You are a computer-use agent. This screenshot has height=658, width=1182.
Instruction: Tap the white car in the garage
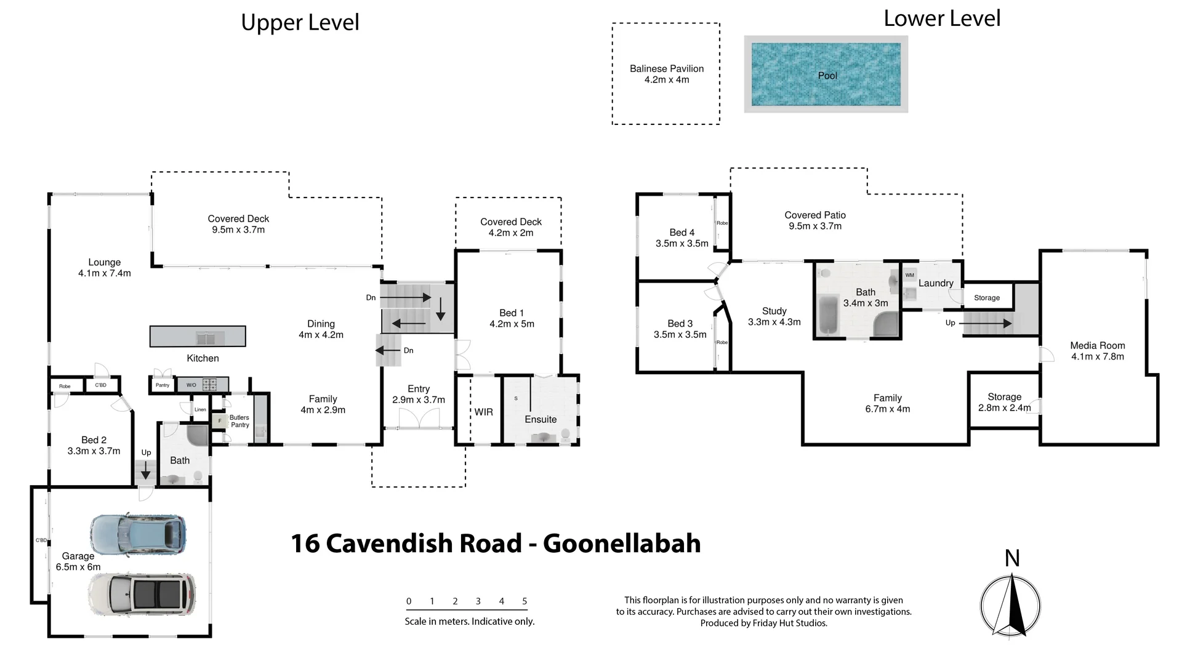[x=142, y=595]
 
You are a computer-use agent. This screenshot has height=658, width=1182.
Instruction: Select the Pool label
[x=827, y=76]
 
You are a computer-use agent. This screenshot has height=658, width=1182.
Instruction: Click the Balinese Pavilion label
[x=666, y=69]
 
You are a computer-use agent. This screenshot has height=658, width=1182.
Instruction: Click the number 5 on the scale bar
[x=525, y=601]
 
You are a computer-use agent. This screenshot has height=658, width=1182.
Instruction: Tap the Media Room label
[x=1097, y=345]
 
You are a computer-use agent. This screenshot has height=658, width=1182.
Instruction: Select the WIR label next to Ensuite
[x=483, y=412]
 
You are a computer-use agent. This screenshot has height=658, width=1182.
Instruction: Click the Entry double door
[x=419, y=420]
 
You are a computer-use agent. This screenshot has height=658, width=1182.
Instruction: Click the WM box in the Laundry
[x=910, y=275]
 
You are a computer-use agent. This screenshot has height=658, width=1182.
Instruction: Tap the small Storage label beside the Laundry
[x=986, y=298]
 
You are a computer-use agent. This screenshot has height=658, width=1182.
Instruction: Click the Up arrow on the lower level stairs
[x=985, y=323]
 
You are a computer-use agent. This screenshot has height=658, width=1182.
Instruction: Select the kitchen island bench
[x=198, y=337]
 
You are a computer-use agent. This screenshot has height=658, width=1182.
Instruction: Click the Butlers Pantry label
[x=239, y=421]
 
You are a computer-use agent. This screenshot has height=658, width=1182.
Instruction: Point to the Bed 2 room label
[x=94, y=440]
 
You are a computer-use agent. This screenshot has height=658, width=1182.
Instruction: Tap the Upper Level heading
[x=300, y=23]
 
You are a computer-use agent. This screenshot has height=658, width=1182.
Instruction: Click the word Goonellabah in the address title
[x=622, y=544]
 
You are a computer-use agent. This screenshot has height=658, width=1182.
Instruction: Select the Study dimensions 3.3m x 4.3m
[x=774, y=322]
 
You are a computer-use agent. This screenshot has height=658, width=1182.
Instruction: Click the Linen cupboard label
[x=200, y=409]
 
